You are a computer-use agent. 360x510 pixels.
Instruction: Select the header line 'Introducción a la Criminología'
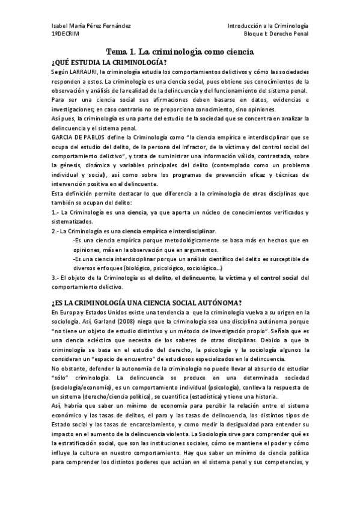(x=268, y=26)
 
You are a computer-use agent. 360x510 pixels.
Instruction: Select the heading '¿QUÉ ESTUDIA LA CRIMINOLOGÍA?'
(x=109, y=63)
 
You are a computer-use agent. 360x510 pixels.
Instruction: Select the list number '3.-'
(x=57, y=277)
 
